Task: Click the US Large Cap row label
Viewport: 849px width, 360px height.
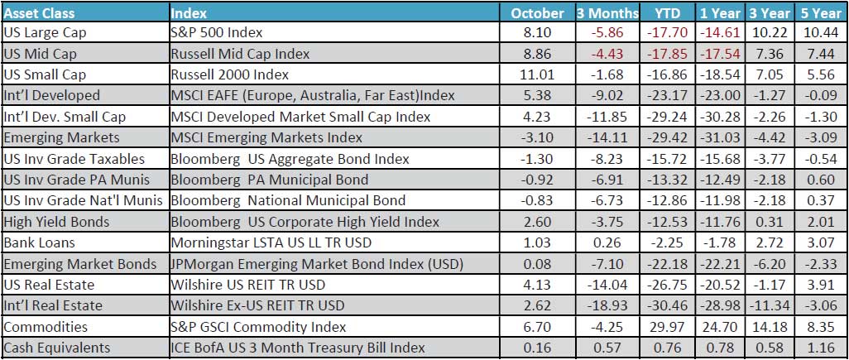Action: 45,33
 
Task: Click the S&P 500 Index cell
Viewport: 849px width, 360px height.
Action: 217,33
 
